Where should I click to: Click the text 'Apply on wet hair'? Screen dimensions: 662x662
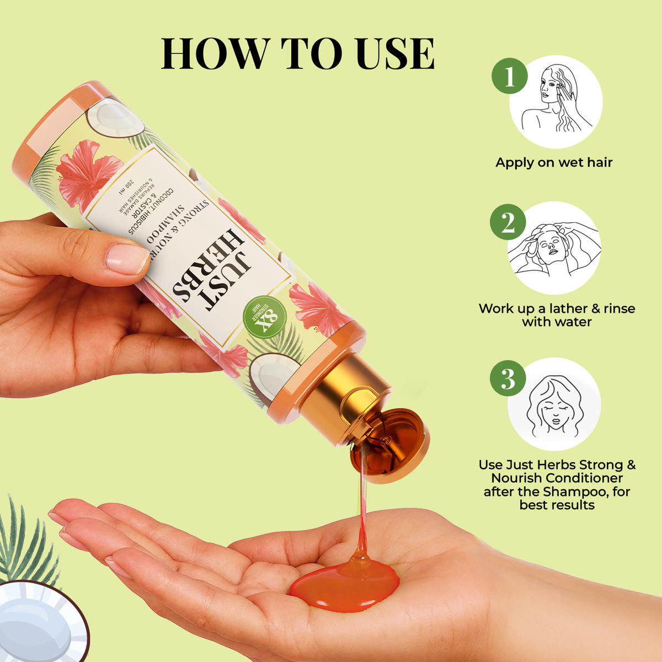click(554, 163)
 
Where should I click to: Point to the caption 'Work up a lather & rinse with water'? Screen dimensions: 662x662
click(557, 315)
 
